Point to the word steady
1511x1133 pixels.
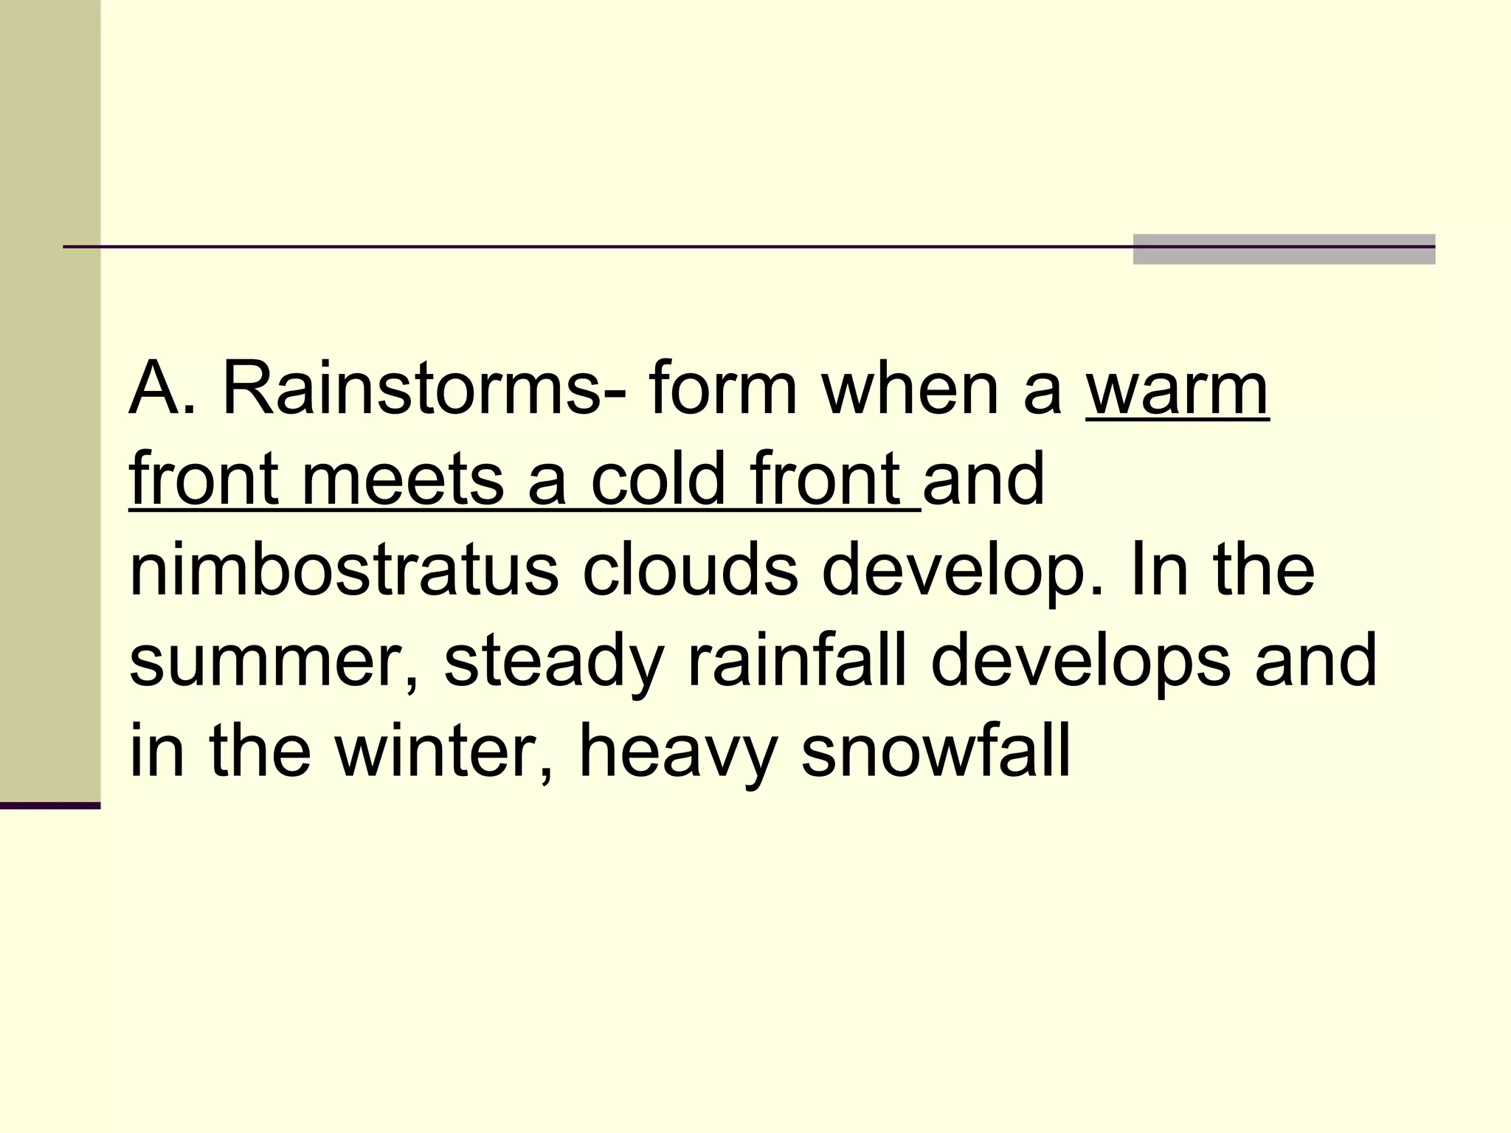pyautogui.click(x=553, y=661)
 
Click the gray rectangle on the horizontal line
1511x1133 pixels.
pyautogui.click(x=1284, y=249)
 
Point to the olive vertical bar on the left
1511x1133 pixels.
pyautogui.click(x=50, y=398)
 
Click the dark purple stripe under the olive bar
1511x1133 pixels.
pyautogui.click(x=50, y=805)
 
